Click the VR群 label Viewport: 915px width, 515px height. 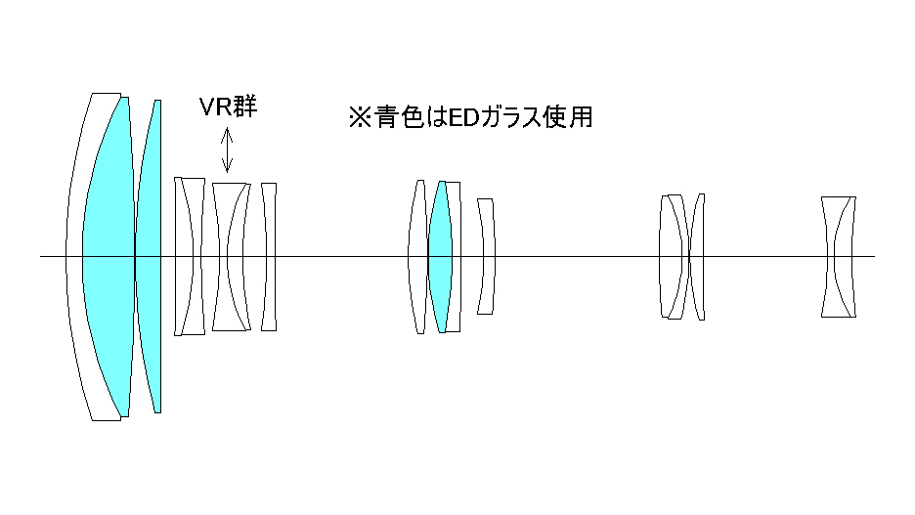[x=228, y=107]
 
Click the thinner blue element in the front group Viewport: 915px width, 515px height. [x=148, y=256]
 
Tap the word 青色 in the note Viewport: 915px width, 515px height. [x=397, y=117]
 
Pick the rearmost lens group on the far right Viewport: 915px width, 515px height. [x=839, y=256]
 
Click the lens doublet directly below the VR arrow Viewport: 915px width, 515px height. [x=231, y=256]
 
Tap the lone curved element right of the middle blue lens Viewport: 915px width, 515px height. [x=487, y=256]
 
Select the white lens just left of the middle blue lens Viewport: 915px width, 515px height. [x=418, y=256]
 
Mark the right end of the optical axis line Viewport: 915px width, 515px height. [x=873, y=256]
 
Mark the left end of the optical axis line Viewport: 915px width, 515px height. [x=41, y=256]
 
